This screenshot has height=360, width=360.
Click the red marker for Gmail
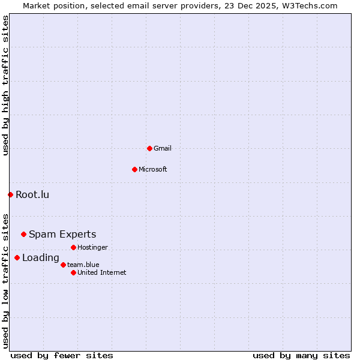tap(149, 148)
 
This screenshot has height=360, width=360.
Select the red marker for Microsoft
tap(134, 169)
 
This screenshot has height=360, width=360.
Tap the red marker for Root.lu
tap(10, 194)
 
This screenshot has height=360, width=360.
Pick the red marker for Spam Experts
tap(23, 234)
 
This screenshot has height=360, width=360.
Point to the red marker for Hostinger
tap(73, 247)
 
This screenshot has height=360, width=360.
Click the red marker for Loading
tap(17, 257)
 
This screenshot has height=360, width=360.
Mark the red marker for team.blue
tap(63, 265)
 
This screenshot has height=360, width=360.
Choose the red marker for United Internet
tap(73, 272)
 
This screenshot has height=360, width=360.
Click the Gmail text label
tap(163, 148)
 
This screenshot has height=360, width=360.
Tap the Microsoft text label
tap(153, 169)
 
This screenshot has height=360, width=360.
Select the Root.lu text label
tap(32, 194)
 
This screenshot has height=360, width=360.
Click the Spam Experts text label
tap(62, 234)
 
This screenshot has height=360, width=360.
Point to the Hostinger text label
tap(93, 247)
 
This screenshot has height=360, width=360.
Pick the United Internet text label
tap(102, 272)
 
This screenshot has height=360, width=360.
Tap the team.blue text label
tap(83, 265)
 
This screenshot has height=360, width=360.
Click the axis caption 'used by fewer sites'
tap(62, 355)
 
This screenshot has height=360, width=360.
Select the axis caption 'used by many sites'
tap(301, 355)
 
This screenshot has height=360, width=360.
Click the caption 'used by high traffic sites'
tap(6, 86)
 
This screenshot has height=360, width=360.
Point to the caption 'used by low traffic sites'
tap(6, 280)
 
